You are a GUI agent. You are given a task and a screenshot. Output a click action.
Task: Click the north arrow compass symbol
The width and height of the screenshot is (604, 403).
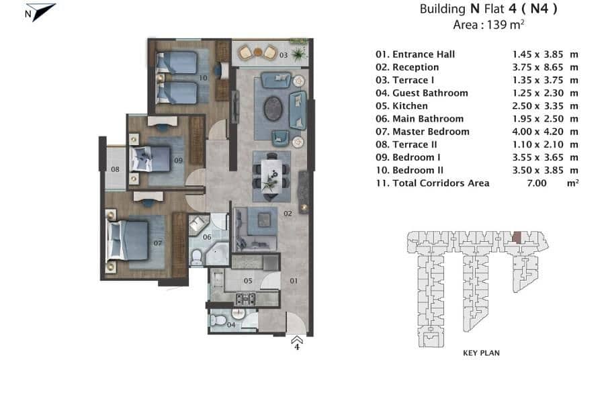click(40, 12)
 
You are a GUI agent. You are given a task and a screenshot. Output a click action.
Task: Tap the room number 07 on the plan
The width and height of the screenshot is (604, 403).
click(157, 243)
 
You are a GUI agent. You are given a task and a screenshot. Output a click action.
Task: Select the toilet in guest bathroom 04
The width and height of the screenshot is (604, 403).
click(218, 320)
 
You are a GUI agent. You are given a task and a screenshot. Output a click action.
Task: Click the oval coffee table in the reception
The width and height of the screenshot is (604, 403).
click(273, 108)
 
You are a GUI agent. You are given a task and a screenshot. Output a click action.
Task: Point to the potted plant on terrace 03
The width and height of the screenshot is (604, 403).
click(298, 54)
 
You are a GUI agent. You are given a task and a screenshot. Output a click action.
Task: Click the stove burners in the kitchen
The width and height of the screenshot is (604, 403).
click(245, 299)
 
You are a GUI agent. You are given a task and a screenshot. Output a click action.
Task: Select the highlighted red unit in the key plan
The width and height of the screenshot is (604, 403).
click(517, 237)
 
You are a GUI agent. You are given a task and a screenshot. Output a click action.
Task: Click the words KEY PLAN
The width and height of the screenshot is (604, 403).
click(481, 353)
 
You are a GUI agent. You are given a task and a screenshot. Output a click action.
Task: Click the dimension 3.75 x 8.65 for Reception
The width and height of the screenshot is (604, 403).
click(537, 67)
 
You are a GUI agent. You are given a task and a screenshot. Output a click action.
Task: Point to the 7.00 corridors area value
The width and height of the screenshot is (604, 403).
click(537, 183)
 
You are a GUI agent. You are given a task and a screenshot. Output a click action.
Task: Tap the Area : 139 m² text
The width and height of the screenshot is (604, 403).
click(488, 25)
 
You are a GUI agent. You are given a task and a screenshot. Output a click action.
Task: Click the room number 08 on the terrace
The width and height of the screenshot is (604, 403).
click(115, 169)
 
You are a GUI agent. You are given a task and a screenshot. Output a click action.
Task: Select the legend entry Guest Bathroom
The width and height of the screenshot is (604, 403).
click(422, 93)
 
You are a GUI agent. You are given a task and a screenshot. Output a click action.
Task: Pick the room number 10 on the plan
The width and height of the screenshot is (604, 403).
click(203, 78)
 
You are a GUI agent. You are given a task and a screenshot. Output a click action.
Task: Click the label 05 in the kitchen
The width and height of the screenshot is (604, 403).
click(248, 281)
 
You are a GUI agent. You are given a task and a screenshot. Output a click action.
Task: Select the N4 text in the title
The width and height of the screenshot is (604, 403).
click(540, 9)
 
